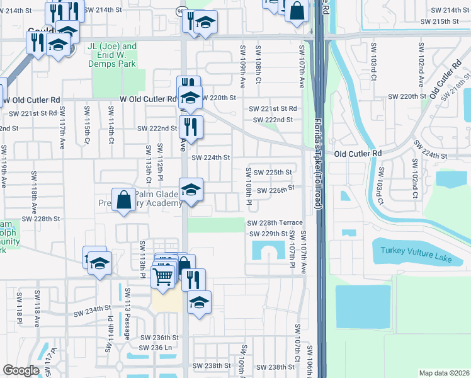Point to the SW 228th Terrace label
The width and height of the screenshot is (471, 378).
[x=275, y=223]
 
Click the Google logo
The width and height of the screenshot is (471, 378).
[x=21, y=370]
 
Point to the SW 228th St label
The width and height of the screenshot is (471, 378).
[x=40, y=219]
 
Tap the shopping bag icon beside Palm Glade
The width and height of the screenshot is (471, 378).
[x=125, y=198]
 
